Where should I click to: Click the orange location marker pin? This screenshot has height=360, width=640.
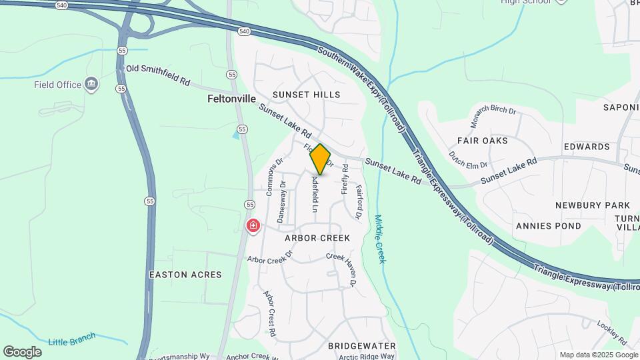pyautogui.click(x=321, y=159)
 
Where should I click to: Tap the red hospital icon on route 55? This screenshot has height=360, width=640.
pyautogui.click(x=253, y=227)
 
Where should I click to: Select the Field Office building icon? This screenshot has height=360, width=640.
pyautogui.click(x=92, y=85)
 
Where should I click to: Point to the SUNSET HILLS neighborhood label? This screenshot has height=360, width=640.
pyautogui.click(x=306, y=95)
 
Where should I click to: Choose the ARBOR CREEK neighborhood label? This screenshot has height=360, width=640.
pyautogui.click(x=317, y=238)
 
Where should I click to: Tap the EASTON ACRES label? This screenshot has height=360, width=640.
pyautogui.click(x=176, y=275)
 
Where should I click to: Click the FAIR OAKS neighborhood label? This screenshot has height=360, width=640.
pyautogui.click(x=482, y=141)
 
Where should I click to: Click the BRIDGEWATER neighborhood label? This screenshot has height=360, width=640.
pyautogui.click(x=362, y=346)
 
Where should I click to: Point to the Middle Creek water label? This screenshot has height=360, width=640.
pyautogui.click(x=380, y=239)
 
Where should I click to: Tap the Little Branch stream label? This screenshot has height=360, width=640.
pyautogui.click(x=73, y=339)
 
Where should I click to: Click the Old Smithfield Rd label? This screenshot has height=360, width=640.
pyautogui.click(x=158, y=75)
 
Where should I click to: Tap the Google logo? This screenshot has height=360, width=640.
pyautogui.click(x=22, y=352)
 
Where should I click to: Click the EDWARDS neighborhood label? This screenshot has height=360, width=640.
pyautogui.click(x=587, y=147)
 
